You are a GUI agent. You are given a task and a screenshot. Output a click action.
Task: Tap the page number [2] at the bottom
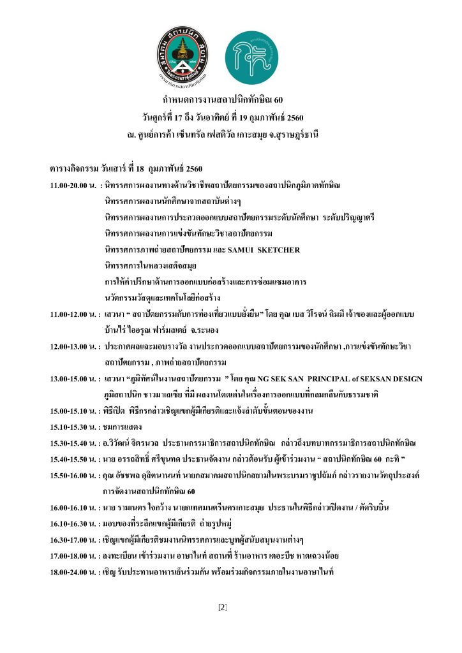pyautogui.click(x=223, y=606)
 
